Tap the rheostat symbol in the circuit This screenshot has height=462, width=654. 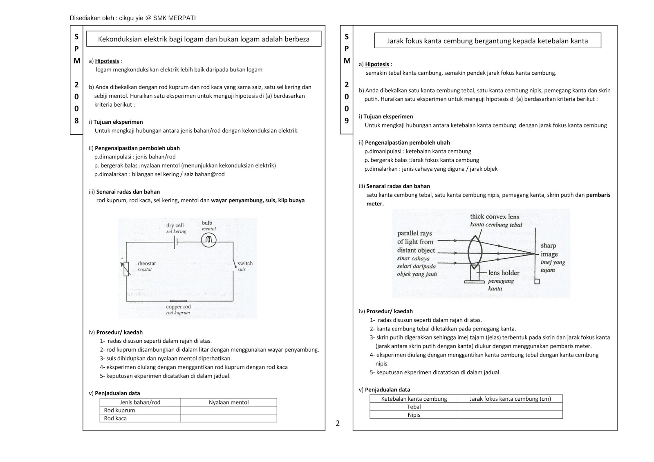[x=126, y=268]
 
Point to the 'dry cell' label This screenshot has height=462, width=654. [x=175, y=225]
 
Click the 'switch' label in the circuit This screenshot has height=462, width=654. [x=245, y=263]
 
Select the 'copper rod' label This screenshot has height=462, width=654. [x=178, y=307]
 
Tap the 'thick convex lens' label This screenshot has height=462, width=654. [x=494, y=216]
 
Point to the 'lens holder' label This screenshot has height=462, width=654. [x=504, y=273]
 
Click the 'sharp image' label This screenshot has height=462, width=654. [x=549, y=250]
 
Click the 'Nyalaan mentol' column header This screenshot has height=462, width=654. [x=228, y=402]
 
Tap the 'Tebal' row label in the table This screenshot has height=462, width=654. [x=414, y=407]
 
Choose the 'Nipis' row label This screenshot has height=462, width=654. [x=414, y=415]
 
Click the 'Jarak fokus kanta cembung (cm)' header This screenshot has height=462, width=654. [x=510, y=399]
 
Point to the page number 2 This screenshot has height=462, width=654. [x=338, y=424]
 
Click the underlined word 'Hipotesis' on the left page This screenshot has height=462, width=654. [x=107, y=61]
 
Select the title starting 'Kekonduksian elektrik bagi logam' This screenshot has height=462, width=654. [x=204, y=39]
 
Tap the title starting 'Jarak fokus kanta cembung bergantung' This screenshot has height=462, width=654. [x=487, y=41]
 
